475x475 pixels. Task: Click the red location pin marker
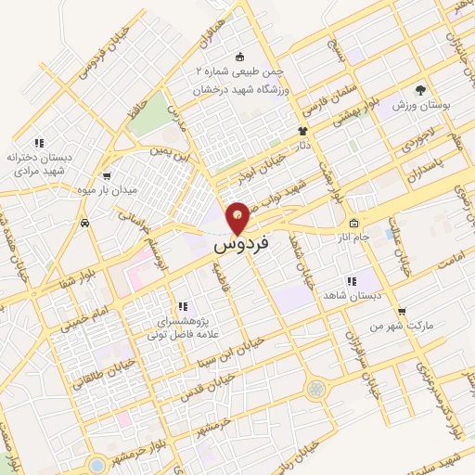238,217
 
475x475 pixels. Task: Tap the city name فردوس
241,246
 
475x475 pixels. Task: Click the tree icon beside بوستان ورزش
420,90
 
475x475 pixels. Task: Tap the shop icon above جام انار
353,223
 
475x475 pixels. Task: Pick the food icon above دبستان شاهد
352,280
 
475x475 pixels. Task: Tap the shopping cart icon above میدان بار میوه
107,175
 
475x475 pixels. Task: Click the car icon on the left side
84,223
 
